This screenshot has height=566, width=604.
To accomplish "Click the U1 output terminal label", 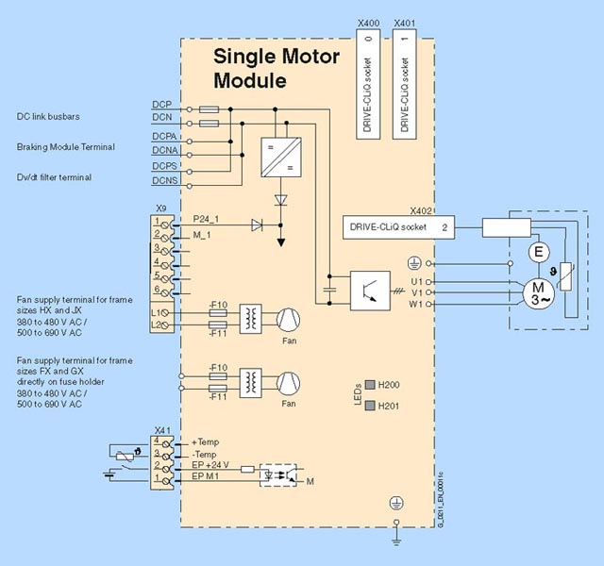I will (x=416, y=280).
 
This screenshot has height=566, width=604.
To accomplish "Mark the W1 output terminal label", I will (x=416, y=305).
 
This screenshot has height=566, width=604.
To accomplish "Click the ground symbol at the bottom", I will (x=396, y=539).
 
